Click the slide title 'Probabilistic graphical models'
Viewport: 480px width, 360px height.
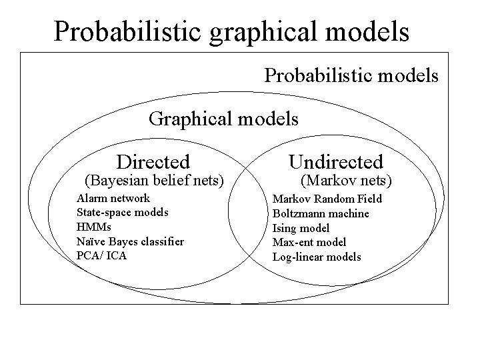click(x=231, y=31)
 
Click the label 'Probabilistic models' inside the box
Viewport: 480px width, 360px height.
click(x=351, y=75)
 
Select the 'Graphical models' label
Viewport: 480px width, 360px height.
click(x=223, y=119)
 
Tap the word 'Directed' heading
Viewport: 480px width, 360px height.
click(x=153, y=161)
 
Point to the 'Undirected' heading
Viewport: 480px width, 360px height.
click(x=336, y=161)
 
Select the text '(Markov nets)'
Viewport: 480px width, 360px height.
click(x=347, y=180)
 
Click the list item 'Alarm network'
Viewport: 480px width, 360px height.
click(x=113, y=198)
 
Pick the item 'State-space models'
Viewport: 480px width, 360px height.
click(x=123, y=213)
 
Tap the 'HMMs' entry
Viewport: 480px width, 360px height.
click(x=94, y=227)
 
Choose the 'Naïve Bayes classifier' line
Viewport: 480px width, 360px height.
click(x=130, y=241)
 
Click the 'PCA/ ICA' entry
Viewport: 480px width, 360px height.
click(x=101, y=255)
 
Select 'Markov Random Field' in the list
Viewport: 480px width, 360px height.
click(x=327, y=199)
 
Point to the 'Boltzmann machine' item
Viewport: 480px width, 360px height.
click(x=321, y=213)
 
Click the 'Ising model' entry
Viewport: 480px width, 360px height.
click(x=301, y=228)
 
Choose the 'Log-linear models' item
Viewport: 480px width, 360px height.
click(x=317, y=257)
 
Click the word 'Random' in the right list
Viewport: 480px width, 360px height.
click(x=332, y=199)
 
